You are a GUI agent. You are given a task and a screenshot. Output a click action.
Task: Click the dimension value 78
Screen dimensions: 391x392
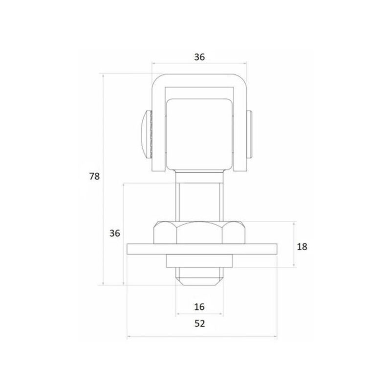[x=94, y=177]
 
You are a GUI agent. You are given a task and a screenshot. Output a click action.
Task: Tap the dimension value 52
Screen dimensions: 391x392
[x=199, y=323]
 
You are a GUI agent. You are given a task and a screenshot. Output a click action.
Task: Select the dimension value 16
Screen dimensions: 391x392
[x=199, y=307]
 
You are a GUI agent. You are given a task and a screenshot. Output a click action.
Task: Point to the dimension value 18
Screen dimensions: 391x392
[x=302, y=247]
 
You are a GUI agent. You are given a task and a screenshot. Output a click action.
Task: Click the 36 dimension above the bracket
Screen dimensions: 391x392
[x=199, y=57]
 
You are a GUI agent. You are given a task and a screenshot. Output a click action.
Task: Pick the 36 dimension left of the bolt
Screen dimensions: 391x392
[x=114, y=233]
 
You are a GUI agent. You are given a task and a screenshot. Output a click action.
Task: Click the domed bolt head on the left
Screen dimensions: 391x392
[x=147, y=134]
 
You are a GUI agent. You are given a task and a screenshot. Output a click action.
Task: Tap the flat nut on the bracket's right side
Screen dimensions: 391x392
[x=250, y=134]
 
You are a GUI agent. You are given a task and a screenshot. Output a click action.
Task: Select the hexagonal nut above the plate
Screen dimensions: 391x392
[x=200, y=232]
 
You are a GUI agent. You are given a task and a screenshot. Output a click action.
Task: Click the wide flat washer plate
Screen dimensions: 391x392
[x=202, y=249]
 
